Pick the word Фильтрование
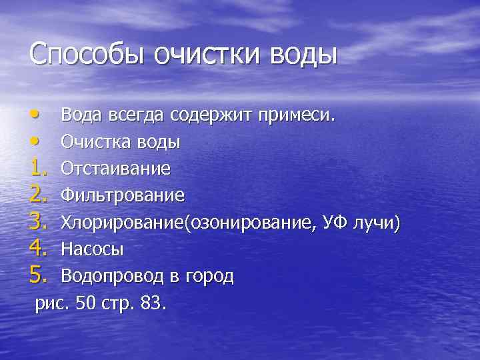click(x=123, y=196)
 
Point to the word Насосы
click(x=92, y=249)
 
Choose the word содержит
click(x=209, y=116)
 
